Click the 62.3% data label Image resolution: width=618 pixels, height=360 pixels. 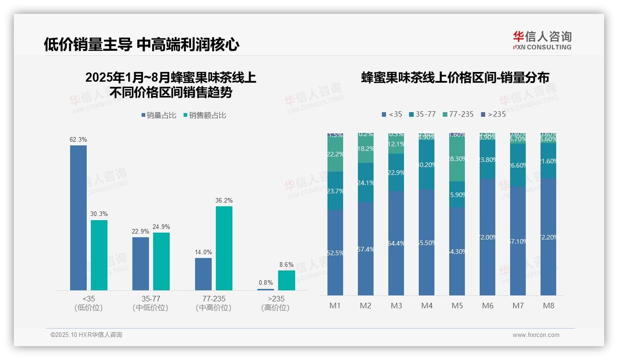point(78,139)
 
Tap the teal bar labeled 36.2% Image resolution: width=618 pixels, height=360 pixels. point(224,248)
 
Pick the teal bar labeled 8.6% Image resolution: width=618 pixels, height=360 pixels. point(286,280)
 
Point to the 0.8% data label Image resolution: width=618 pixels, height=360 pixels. point(266,282)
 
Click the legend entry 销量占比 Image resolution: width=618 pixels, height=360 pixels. point(159,115)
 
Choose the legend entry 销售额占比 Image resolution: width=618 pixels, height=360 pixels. point(205,115)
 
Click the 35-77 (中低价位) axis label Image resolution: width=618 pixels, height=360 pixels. point(150,303)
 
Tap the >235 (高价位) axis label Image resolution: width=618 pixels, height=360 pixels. point(275,303)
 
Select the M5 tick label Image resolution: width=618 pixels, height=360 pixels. point(457,306)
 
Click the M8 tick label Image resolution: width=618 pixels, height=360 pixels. point(548,306)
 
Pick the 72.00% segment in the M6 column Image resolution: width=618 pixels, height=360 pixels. point(487,237)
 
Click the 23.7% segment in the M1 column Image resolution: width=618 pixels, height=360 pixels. point(335,191)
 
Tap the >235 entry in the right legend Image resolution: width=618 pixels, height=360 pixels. point(493,114)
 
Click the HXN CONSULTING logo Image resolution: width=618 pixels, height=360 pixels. point(542,40)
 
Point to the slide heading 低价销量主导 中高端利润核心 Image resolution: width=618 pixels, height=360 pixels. point(142,44)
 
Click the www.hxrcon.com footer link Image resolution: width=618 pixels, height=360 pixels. point(536,335)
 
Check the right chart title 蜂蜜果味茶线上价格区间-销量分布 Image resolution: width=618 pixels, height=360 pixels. point(455,78)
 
